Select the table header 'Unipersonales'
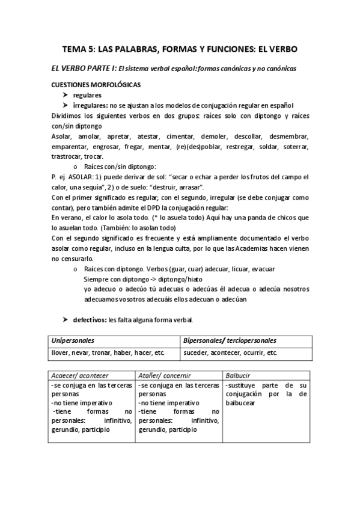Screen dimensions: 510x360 [x=73, y=340]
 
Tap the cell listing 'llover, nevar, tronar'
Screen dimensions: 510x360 [x=108, y=352]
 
